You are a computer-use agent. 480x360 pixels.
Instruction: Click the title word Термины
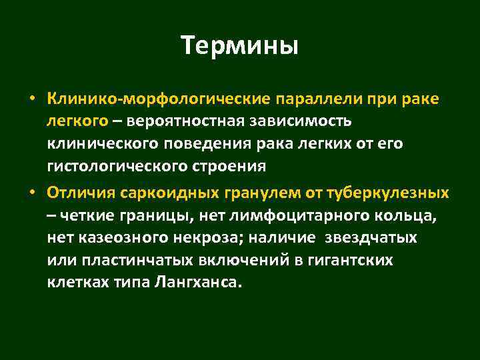tap(239, 47)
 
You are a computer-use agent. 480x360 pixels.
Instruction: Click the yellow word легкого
tap(77, 122)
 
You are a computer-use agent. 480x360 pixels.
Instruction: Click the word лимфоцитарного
tap(282, 216)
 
